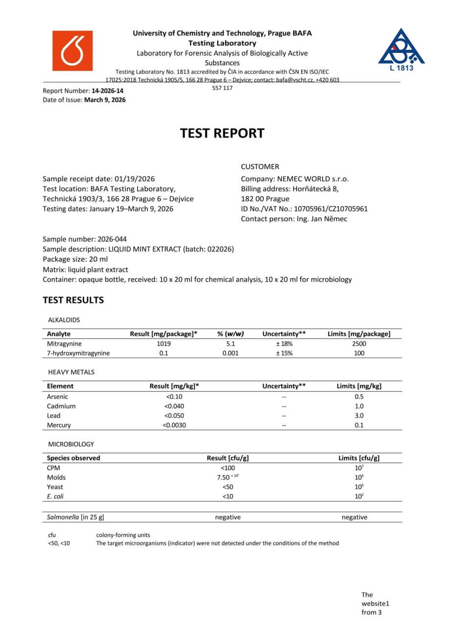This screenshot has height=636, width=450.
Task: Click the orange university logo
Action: [72, 51]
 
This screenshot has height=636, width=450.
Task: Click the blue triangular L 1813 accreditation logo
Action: [401, 49]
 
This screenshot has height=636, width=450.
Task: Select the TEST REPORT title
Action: [222, 133]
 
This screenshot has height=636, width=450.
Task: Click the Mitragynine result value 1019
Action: [164, 343]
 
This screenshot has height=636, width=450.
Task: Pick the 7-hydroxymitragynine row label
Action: [78, 353]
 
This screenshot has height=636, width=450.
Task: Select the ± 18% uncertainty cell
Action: [284, 343]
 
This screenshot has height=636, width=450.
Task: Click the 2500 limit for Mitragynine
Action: [359, 343]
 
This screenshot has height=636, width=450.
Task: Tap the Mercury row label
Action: [59, 425]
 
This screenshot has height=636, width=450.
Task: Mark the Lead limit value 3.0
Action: [359, 415]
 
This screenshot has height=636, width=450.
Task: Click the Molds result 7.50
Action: [223, 477]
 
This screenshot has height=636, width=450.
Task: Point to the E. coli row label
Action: [55, 496]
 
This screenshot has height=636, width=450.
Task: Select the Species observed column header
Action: [73, 458]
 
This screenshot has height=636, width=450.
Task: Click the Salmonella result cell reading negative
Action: [228, 517]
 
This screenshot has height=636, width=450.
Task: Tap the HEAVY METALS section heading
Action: [71, 372]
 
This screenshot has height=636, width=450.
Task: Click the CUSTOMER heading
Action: [260, 167]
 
